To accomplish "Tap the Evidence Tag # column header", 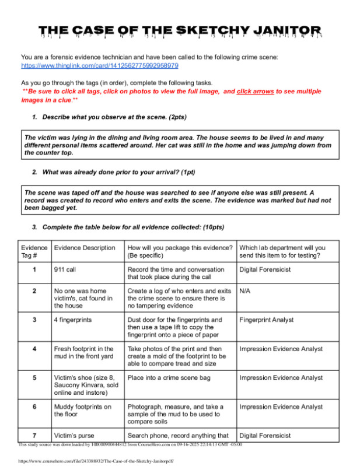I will tap(34, 252).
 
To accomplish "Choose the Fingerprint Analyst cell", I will tap(266, 320).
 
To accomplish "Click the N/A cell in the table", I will tap(246, 290).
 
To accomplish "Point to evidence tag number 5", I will tap(34, 377).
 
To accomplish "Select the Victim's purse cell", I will tap(74, 435).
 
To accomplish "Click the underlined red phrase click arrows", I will tap(255, 92).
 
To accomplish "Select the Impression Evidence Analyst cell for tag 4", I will tap(281, 349).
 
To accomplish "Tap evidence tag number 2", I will tap(34, 290).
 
